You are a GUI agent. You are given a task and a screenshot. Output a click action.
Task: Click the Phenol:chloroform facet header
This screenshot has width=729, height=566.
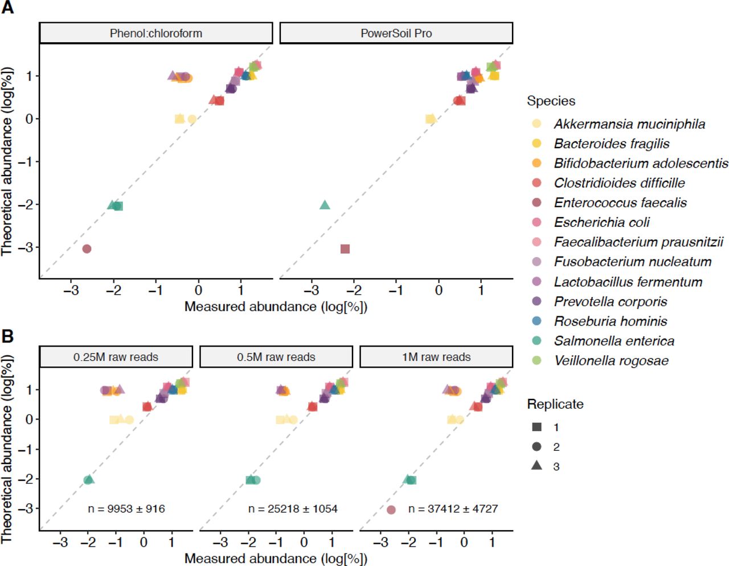155,33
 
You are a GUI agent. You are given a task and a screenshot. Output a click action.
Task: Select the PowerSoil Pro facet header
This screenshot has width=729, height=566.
396,33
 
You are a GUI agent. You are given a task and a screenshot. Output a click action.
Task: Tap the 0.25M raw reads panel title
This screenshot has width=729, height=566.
116,357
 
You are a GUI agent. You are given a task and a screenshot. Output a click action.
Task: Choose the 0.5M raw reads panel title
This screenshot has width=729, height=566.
276,357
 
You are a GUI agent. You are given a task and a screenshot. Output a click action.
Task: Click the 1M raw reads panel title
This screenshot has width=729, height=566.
436,357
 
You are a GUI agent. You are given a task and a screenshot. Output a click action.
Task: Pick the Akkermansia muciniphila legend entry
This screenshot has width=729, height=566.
629,124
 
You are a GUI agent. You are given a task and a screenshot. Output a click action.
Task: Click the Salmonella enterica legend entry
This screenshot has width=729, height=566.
614,341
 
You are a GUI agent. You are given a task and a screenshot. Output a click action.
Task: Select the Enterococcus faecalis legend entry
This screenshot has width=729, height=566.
620,202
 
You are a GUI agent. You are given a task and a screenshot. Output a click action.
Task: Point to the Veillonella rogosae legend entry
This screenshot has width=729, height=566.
611,360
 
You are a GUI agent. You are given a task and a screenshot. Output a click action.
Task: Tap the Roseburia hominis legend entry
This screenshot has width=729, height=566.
611,321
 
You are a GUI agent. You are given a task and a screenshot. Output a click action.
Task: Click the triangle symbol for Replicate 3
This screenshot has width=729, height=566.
536,466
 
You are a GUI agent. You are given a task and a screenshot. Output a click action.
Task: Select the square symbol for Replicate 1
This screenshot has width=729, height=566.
536,427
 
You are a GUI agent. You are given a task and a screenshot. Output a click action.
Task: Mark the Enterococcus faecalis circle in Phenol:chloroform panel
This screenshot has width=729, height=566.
87,249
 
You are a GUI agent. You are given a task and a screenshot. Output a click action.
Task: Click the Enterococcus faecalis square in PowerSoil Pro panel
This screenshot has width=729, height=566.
345,249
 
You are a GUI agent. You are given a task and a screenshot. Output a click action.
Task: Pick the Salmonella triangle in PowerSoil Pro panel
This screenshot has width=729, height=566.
325,205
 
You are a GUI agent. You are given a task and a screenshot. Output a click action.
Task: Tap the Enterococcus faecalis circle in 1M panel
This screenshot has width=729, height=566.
391,510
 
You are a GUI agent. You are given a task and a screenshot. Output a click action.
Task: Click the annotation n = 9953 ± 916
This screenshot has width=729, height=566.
126,508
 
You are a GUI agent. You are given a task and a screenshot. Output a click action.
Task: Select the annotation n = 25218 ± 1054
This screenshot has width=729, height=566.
293,508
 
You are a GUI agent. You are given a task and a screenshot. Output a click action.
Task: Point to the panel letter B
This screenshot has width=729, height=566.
7,336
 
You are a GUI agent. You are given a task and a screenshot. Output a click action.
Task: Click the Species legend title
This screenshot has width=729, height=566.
551,101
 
